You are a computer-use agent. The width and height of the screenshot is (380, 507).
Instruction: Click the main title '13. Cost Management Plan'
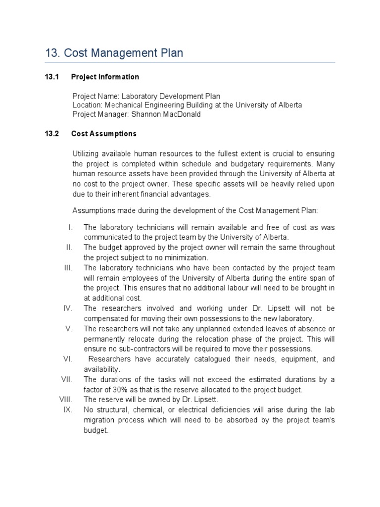113,53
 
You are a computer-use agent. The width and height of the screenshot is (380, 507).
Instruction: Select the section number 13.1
52,77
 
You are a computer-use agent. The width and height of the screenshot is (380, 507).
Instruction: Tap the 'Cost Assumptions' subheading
104,134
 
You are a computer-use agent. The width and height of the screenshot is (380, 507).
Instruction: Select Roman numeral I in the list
70,227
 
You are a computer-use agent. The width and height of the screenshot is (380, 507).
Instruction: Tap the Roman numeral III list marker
68,268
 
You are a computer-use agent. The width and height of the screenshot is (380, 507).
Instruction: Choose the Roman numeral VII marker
67,380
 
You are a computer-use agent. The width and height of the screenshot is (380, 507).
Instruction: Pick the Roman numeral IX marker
68,410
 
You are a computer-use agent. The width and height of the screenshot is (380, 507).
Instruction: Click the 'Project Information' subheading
105,77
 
